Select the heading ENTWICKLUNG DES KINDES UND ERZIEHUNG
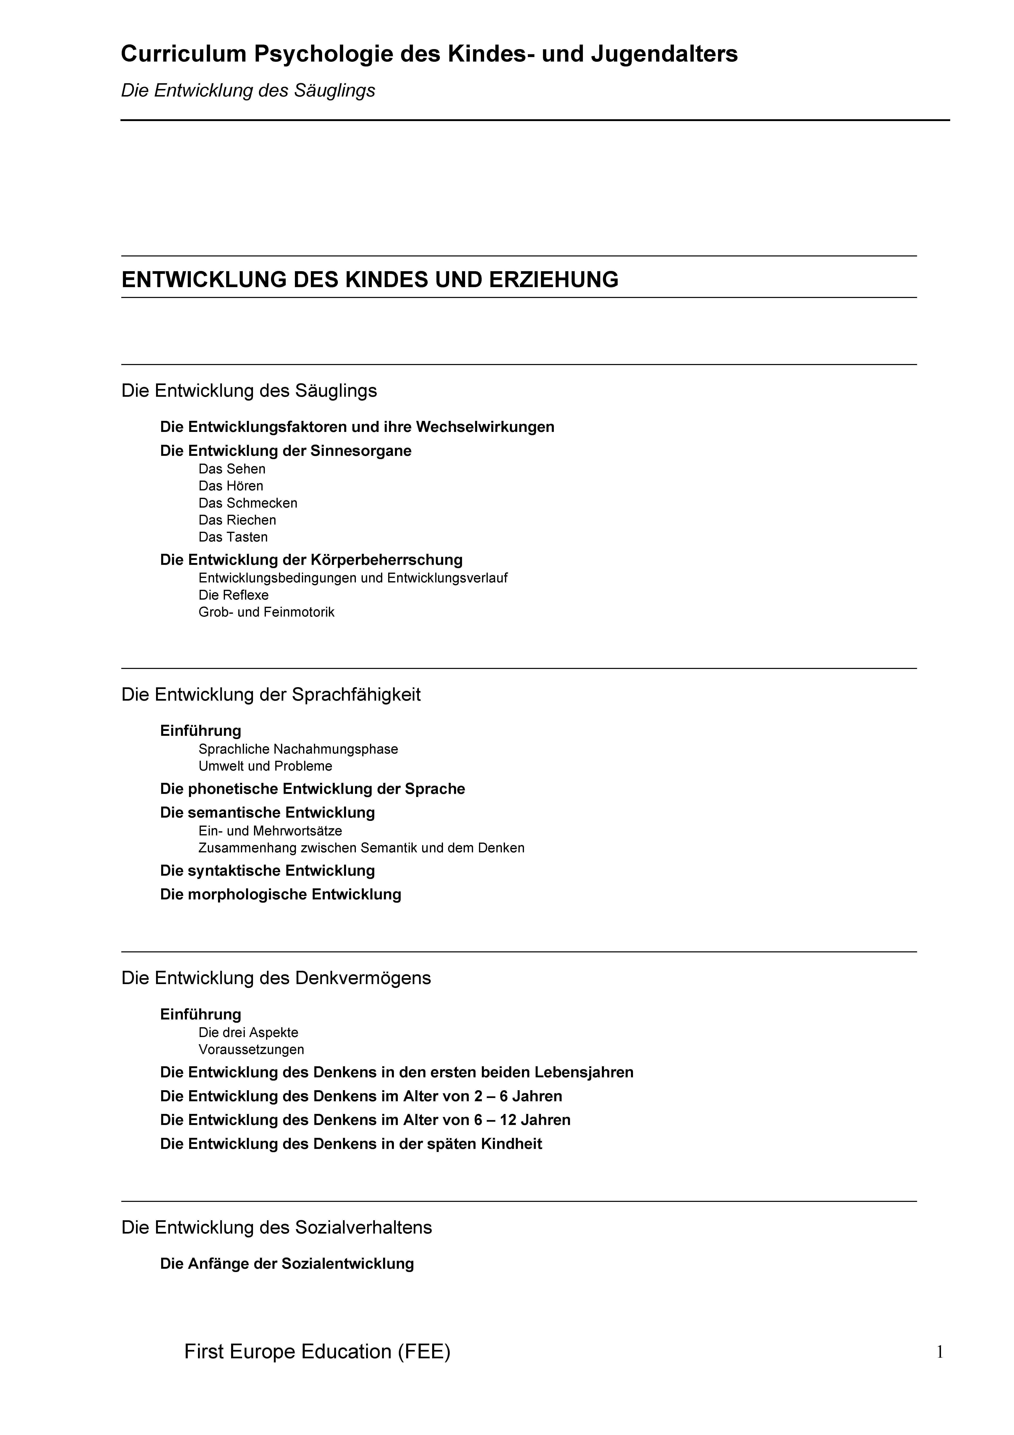pyautogui.click(x=370, y=279)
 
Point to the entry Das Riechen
pyautogui.click(x=237, y=520)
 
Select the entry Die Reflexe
pyautogui.click(x=233, y=595)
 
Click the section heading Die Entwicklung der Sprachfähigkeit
pyautogui.click(x=271, y=694)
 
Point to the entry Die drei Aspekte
pyautogui.click(x=248, y=1033)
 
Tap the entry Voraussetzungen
pyautogui.click(x=251, y=1049)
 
